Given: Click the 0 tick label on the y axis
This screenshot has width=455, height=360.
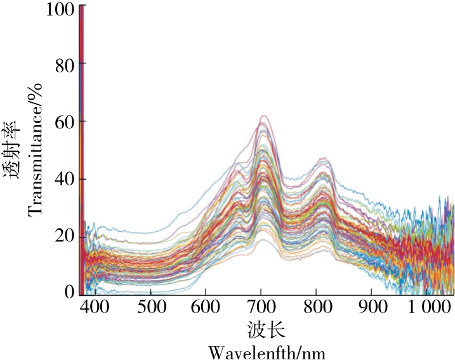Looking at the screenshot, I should click(x=70, y=292).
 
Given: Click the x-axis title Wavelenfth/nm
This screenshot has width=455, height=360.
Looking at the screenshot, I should click(x=267, y=351).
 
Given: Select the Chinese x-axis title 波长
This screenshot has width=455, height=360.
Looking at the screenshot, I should click(x=266, y=331).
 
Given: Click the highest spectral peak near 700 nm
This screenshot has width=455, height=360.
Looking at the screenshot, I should click(x=263, y=116).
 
